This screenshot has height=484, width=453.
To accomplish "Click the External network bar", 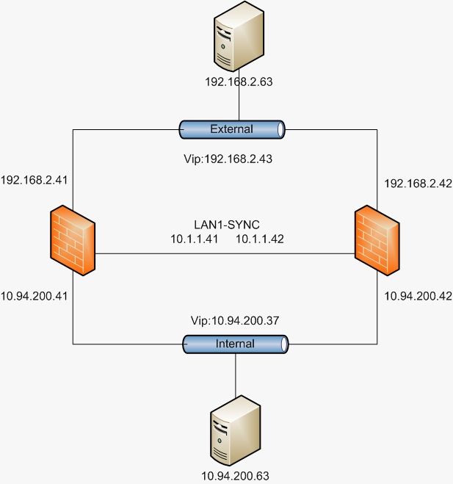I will click(x=232, y=129).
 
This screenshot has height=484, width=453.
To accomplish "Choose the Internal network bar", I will click(x=236, y=343).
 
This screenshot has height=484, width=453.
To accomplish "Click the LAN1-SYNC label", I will click(x=231, y=223).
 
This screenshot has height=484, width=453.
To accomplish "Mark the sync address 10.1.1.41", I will click(x=195, y=239).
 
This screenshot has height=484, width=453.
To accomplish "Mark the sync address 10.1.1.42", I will click(x=259, y=239).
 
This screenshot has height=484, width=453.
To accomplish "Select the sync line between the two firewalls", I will click(x=220, y=254).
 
